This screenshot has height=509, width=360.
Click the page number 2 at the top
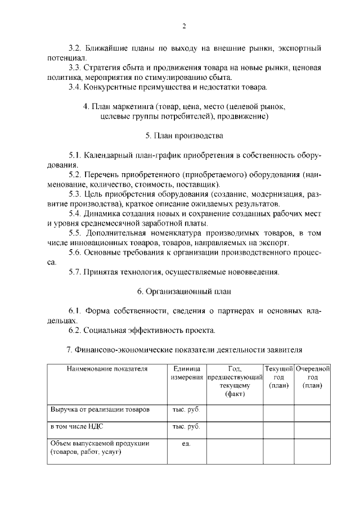(x=183, y=26)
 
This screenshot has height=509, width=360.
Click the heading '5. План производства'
(x=184, y=136)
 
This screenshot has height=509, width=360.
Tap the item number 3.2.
(x=75, y=48)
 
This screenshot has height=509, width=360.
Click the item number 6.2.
(x=75, y=330)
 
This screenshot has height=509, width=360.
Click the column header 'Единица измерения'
(x=186, y=373)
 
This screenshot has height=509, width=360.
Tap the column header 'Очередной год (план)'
(x=312, y=377)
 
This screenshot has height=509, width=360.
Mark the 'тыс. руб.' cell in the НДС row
(x=186, y=427)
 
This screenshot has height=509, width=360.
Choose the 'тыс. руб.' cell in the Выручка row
(x=186, y=410)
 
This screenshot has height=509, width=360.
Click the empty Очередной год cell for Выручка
(x=312, y=412)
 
